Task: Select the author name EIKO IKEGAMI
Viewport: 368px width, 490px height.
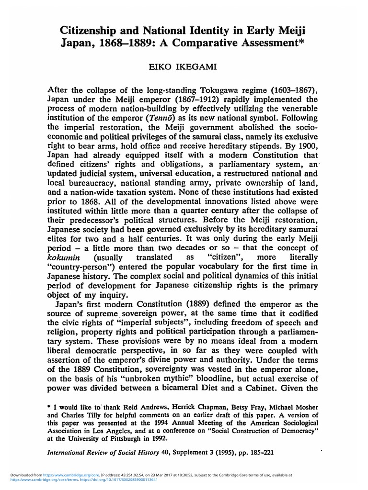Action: pos(184,69)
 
